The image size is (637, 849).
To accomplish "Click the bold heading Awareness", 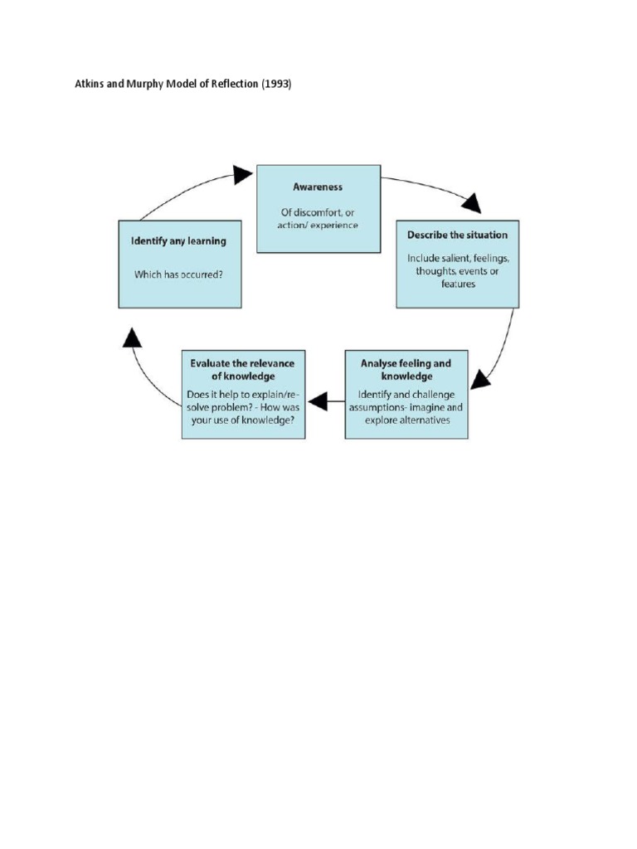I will coord(318,187).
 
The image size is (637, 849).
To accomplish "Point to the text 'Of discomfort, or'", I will coord(318,212).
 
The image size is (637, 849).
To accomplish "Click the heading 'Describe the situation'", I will coord(457,235).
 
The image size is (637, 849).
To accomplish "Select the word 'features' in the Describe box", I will coord(457,284).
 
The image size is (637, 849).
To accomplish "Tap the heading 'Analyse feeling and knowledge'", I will coord(406,370).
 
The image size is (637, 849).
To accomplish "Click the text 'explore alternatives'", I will coord(406,420).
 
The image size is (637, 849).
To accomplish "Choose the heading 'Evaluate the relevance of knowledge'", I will coord(242,370).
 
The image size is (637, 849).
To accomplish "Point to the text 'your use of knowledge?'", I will coord(242,420).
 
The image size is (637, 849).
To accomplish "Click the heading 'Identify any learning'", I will coord(179,241).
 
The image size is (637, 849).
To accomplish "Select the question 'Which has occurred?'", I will coord(179,274).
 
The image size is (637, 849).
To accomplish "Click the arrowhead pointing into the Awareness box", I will coord(242,173).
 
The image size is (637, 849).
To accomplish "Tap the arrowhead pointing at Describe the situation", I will coord(471,203).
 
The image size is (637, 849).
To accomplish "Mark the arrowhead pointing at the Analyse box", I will coord(479,381).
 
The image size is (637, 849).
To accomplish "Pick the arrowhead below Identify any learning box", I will coord(132,337).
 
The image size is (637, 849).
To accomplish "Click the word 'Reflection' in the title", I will coord(236,85).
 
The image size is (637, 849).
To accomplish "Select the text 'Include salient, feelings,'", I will coord(457,258).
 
